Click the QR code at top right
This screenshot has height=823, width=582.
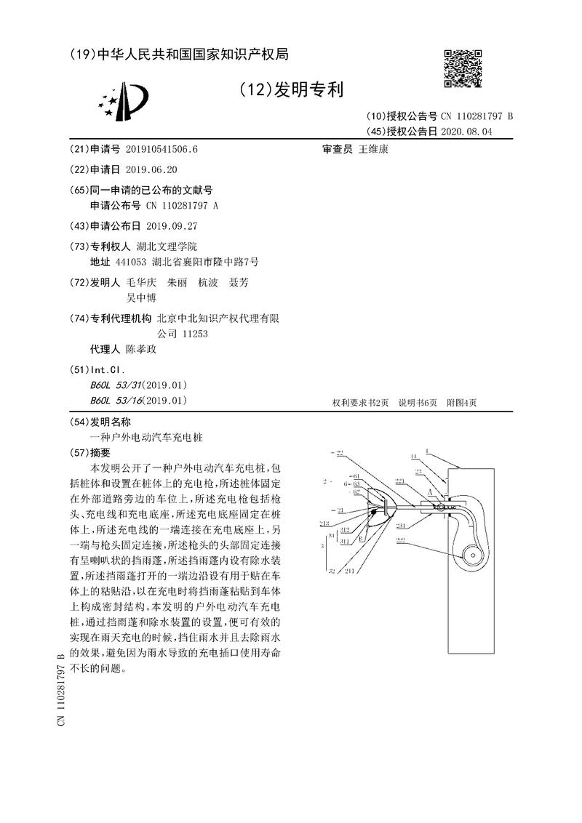pyautogui.click(x=463, y=69)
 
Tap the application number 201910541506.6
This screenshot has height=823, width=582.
pyautogui.click(x=162, y=150)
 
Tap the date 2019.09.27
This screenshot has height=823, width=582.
pyautogui.click(x=172, y=225)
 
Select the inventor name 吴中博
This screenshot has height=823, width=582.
pyautogui.click(x=142, y=297)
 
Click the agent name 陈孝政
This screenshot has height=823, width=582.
pyautogui.click(x=140, y=349)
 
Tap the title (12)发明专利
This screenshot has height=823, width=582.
pyautogui.click(x=290, y=90)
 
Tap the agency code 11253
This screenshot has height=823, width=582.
pyautogui.click(x=192, y=333)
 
